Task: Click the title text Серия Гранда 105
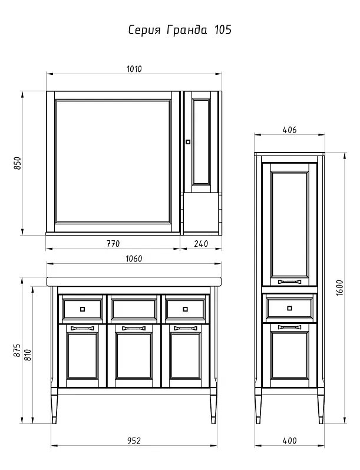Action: pyautogui.click(x=180, y=30)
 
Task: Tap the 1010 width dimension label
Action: pyautogui.click(x=134, y=69)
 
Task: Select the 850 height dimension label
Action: pyautogui.click(x=18, y=163)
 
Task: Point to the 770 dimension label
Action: pyautogui.click(x=113, y=244)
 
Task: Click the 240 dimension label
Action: pyautogui.click(x=201, y=244)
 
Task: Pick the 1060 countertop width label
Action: pyautogui.click(x=134, y=259)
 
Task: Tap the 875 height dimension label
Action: pyautogui.click(x=18, y=350)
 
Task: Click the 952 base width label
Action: pyautogui.click(x=134, y=441)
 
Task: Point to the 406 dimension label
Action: pyautogui.click(x=289, y=130)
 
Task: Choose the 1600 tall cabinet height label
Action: pyautogui.click(x=339, y=288)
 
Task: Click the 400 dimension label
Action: pyautogui.click(x=289, y=441)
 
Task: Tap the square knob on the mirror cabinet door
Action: pyautogui.click(x=188, y=142)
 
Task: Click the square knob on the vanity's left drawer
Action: pyautogui.click(x=82, y=309)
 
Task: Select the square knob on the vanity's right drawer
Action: pyautogui.click(x=185, y=309)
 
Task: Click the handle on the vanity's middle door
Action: pyautogui.click(x=134, y=328)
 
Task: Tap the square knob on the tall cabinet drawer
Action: pyautogui.click(x=289, y=308)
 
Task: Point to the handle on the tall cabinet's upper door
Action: pyautogui.click(x=289, y=282)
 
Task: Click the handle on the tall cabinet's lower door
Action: pyautogui.click(x=289, y=327)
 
